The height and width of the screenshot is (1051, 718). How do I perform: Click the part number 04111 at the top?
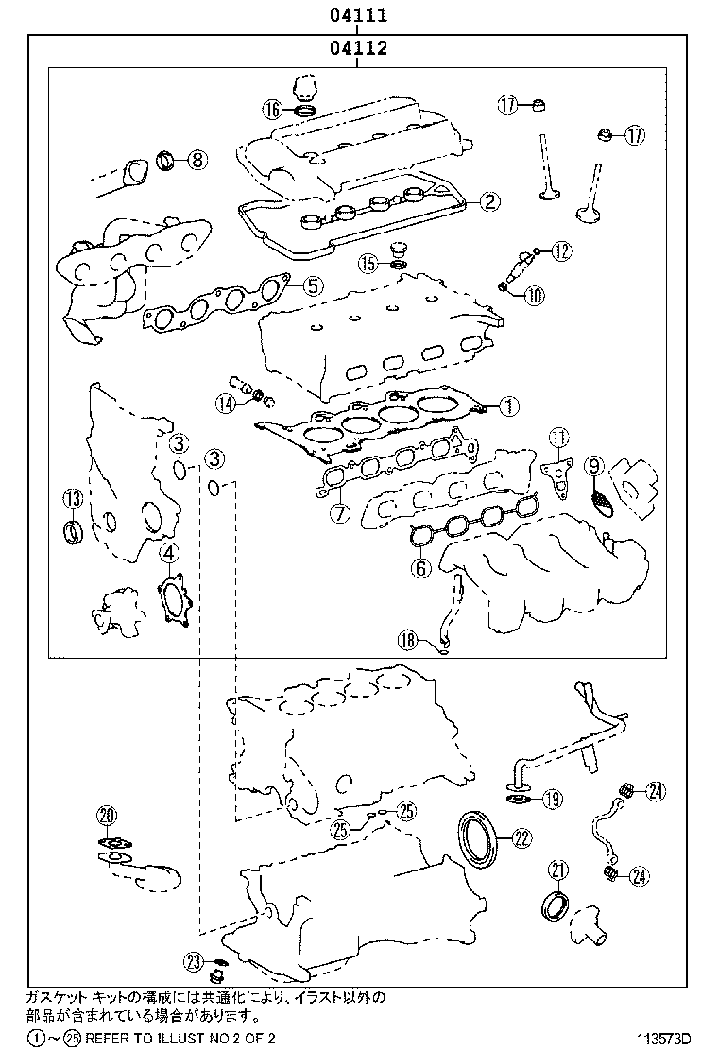[358, 15]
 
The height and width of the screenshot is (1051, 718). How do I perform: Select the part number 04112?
[358, 49]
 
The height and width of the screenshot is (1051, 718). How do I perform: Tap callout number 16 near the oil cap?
[273, 110]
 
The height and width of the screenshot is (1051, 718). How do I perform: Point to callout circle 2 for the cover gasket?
[488, 200]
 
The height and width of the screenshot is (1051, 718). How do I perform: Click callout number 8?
[196, 160]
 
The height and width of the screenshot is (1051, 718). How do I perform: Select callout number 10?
[534, 295]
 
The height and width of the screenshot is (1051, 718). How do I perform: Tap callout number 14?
[226, 404]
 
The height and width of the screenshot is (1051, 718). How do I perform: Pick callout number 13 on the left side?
[73, 498]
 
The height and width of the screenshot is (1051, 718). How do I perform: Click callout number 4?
[167, 553]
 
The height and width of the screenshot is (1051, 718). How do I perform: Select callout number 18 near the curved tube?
[407, 641]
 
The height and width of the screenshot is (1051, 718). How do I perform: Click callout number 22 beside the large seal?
[521, 836]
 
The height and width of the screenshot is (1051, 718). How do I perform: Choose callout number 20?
[107, 815]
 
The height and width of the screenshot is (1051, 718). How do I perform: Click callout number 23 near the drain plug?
[194, 961]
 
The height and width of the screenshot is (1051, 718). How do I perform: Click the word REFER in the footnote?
[114, 1038]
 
